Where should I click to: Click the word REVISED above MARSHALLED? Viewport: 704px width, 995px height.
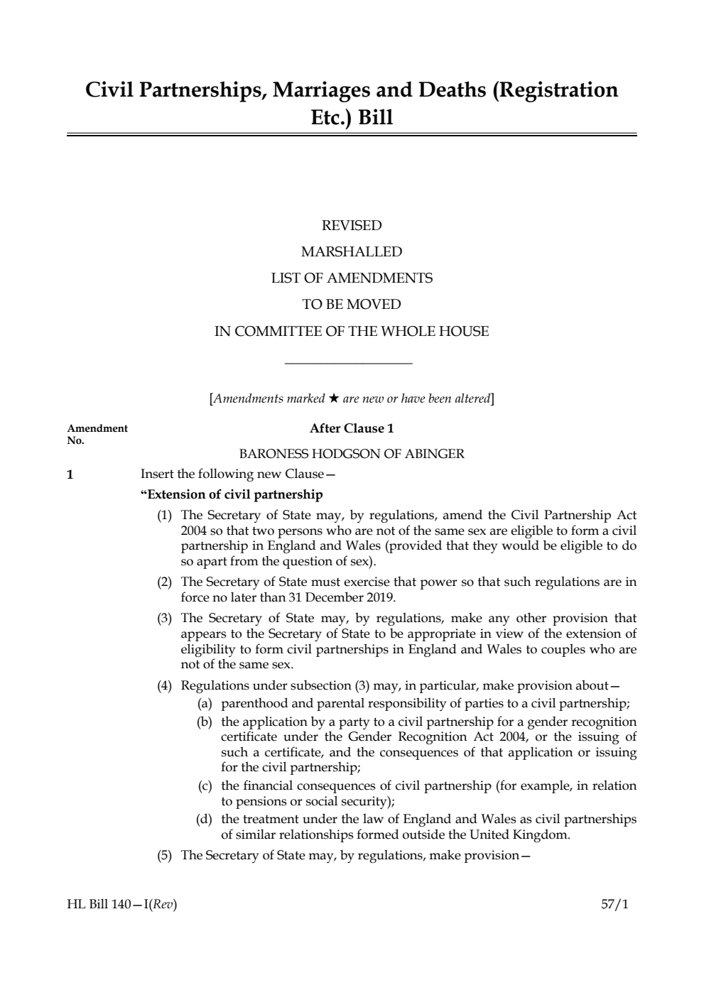[352, 226]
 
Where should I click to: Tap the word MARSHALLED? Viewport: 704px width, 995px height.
[352, 252]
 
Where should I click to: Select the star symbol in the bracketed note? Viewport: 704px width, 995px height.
[333, 398]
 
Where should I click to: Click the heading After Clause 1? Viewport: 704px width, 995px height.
[352, 428]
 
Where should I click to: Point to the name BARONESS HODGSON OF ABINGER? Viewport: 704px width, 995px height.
[352, 454]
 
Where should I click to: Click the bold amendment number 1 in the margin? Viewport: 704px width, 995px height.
[70, 474]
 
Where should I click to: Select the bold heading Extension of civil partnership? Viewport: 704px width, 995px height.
[232, 494]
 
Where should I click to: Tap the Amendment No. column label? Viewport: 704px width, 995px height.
[97, 434]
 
